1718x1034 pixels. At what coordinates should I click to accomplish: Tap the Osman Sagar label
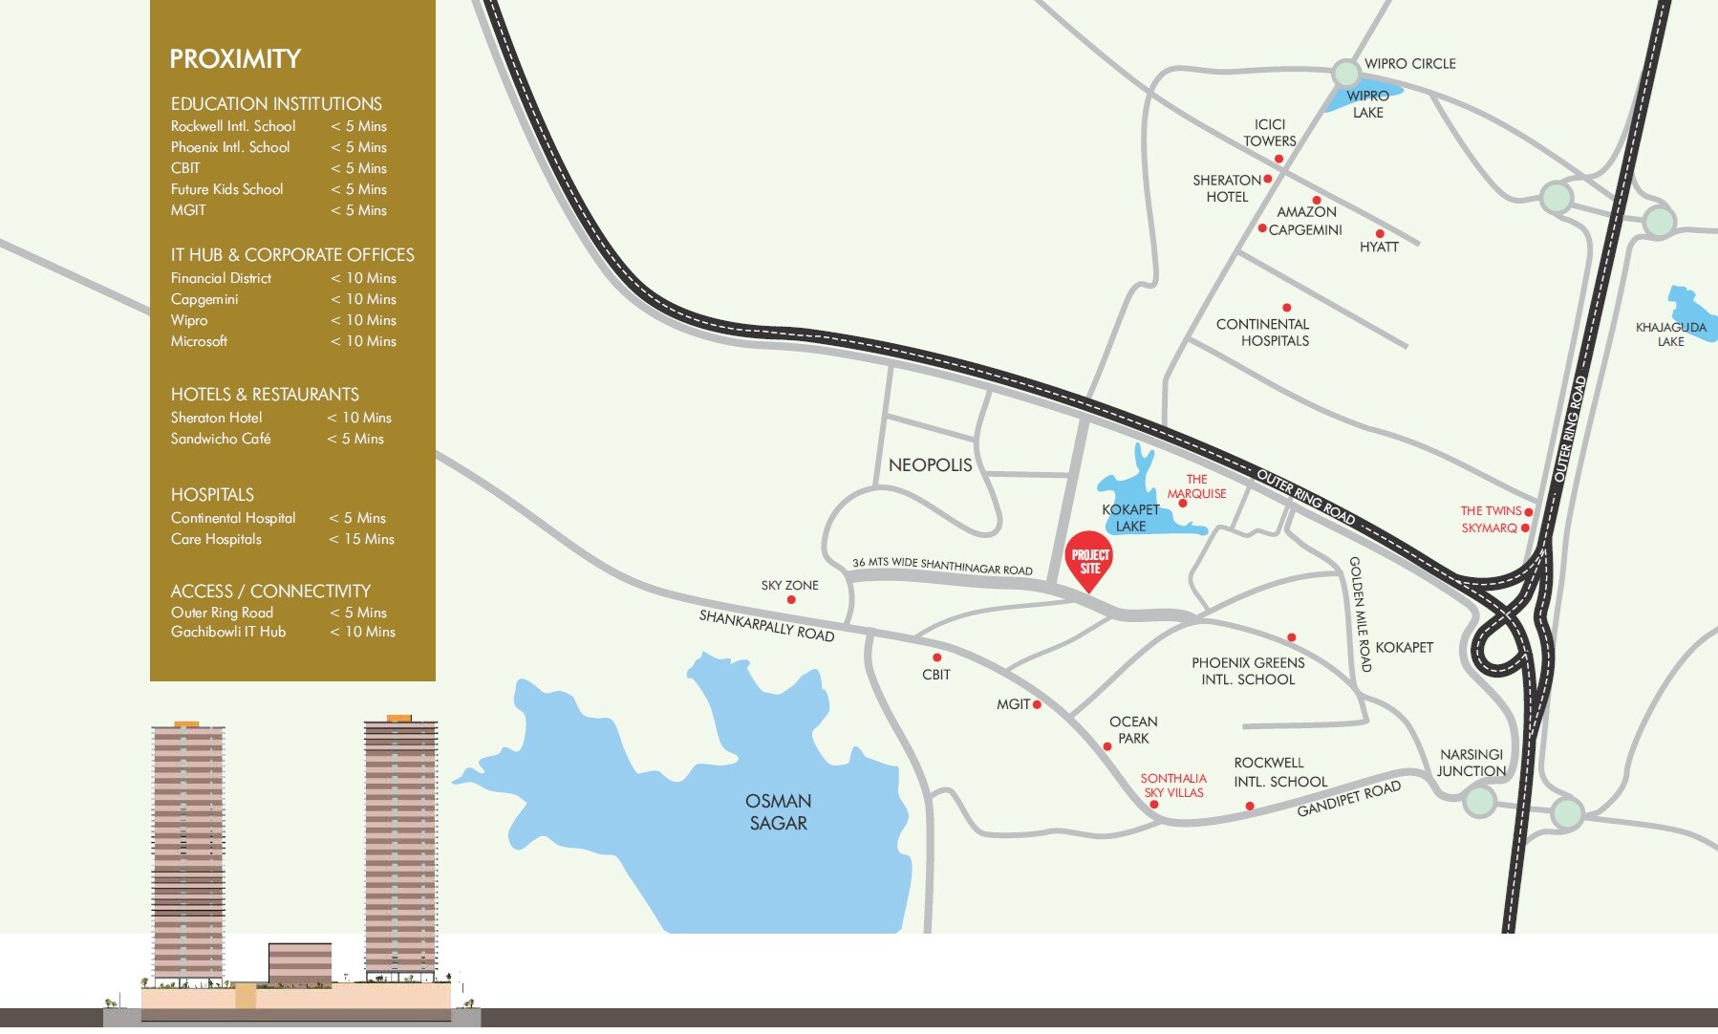click(x=779, y=812)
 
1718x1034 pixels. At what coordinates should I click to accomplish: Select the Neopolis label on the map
click(x=930, y=465)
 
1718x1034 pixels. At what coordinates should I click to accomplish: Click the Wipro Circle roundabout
click(x=1345, y=73)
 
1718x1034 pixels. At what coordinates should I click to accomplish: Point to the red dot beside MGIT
click(x=1037, y=704)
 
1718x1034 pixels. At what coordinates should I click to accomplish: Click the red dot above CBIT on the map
click(x=936, y=657)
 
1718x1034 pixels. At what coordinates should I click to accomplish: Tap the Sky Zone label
click(x=789, y=585)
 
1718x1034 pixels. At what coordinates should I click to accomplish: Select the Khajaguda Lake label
click(x=1670, y=334)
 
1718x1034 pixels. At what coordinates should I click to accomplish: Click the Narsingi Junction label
click(x=1471, y=763)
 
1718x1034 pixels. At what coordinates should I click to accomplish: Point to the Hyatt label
click(x=1379, y=247)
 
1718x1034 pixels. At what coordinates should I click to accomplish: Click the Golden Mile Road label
click(x=1360, y=614)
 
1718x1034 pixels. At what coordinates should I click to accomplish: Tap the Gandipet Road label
click(x=1348, y=799)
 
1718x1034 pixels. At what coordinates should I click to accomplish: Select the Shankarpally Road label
click(x=766, y=625)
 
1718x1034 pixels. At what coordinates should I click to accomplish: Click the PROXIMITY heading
click(x=235, y=59)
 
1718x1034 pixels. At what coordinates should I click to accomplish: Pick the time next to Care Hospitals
click(x=361, y=539)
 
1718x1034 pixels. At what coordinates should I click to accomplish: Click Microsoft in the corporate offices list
click(x=199, y=341)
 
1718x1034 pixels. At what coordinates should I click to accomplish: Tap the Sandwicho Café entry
click(x=221, y=439)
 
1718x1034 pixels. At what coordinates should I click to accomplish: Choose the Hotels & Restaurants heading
click(x=265, y=395)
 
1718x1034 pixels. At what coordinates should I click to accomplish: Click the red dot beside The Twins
click(x=1528, y=512)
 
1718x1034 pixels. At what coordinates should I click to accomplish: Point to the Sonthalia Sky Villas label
click(x=1173, y=786)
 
